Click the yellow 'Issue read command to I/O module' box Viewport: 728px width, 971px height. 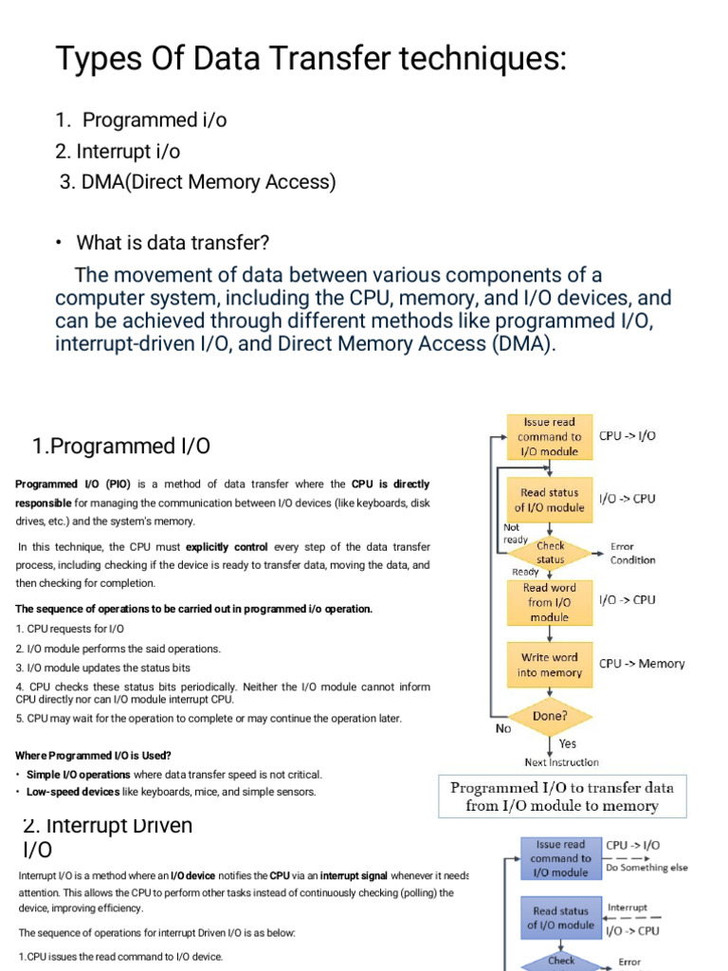click(549, 436)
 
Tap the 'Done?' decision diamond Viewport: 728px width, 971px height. click(549, 717)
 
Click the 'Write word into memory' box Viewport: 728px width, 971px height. click(549, 665)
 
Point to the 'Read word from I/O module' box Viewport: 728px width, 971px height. click(549, 602)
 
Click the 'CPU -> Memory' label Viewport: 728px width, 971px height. click(642, 664)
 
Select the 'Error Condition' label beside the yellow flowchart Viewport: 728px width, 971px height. click(632, 553)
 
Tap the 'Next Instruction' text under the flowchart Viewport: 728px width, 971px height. click(561, 761)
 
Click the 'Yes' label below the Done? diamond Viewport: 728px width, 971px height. click(567, 743)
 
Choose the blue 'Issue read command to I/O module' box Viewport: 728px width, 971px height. click(560, 858)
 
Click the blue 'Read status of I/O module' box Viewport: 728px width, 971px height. click(560, 918)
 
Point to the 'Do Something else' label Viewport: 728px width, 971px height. click(647, 867)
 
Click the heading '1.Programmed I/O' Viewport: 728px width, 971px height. click(120, 446)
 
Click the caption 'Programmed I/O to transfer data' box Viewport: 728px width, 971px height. click(562, 797)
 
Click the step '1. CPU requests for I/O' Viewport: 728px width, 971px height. click(70, 629)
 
